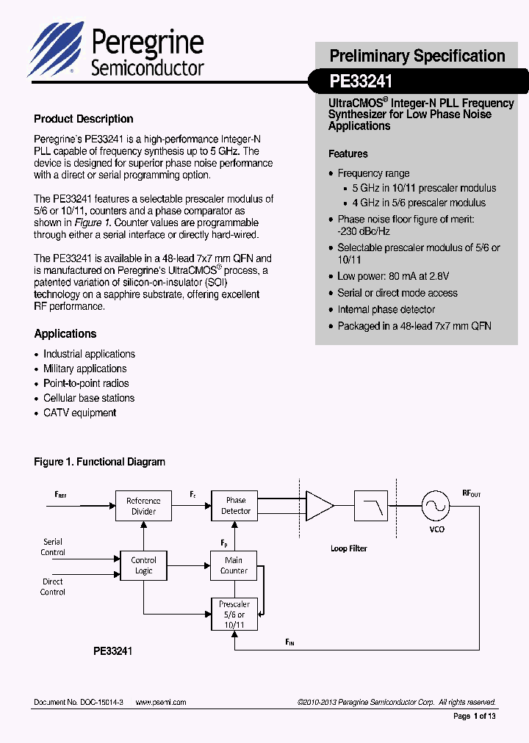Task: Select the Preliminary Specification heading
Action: pyautogui.click(x=417, y=56)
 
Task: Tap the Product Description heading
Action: pyautogui.click(x=84, y=119)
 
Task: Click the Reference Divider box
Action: pyautogui.click(x=143, y=506)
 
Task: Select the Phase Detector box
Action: pyautogui.click(x=236, y=506)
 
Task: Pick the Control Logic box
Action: pyautogui.click(x=143, y=565)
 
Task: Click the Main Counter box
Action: pyautogui.click(x=234, y=565)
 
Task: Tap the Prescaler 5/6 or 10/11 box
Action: pyautogui.click(x=234, y=615)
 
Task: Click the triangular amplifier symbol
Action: pyautogui.click(x=319, y=505)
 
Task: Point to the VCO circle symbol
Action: pyautogui.click(x=435, y=505)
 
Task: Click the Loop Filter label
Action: pyautogui.click(x=348, y=548)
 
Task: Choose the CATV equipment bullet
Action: pyautogui.click(x=79, y=413)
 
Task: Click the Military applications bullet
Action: pyautogui.click(x=84, y=369)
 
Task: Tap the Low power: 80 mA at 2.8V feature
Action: pyautogui.click(x=393, y=276)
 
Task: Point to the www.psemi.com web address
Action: pyautogui.click(x=161, y=702)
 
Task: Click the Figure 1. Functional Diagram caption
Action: pyautogui.click(x=99, y=462)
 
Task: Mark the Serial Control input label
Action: pyautogui.click(x=53, y=547)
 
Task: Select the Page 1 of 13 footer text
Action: pyautogui.click(x=475, y=717)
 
